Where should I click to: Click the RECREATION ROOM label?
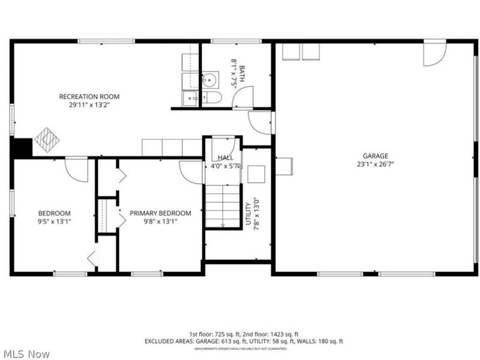(x=89, y=97)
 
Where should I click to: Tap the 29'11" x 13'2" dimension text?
(x=89, y=104)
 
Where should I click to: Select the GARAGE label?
(x=375, y=155)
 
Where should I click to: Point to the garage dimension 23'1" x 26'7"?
(x=375, y=163)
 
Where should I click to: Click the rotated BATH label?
(x=241, y=74)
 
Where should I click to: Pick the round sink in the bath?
(x=209, y=79)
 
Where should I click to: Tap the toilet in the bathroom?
(x=212, y=98)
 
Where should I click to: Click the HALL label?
(x=226, y=158)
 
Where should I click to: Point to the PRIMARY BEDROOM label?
(x=160, y=213)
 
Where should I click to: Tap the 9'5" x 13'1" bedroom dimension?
(x=55, y=221)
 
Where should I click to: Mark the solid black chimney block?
(x=22, y=148)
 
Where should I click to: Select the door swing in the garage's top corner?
(x=434, y=53)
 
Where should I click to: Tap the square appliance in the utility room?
(x=257, y=173)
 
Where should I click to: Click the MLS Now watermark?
(x=26, y=354)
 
